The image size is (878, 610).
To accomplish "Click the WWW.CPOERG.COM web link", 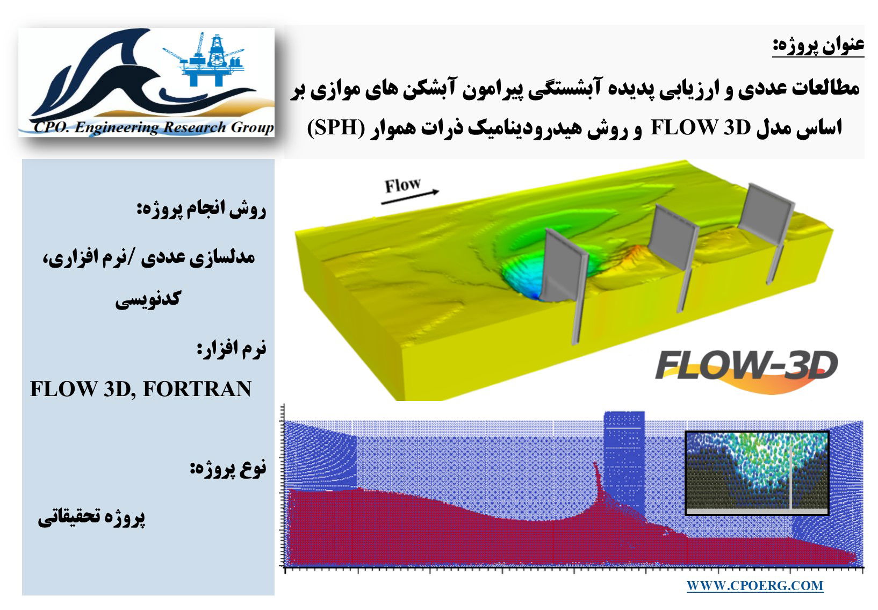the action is coord(755,586).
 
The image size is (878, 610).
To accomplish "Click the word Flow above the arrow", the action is coord(402,185).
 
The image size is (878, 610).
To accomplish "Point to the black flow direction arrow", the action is coord(410,197).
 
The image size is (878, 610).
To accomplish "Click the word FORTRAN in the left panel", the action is coord(197,389).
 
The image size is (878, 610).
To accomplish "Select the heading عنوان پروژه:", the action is coord(818,46).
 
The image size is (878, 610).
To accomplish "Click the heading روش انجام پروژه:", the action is coord(201,210).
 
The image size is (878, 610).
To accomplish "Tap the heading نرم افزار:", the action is coord(231,348).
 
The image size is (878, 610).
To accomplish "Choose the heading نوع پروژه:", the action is coord(228,468).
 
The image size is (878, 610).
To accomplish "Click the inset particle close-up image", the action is coord(757,473).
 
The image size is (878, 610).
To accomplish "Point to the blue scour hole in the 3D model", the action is coord(525,276).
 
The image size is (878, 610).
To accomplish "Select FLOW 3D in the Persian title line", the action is coord(701,128).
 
